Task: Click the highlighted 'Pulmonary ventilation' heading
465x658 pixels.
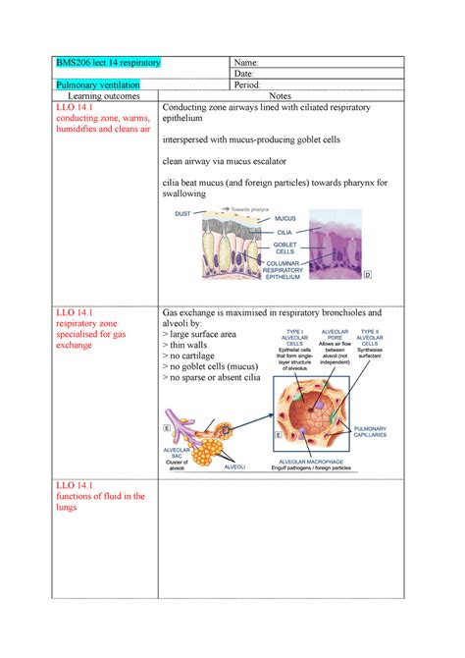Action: tap(97, 85)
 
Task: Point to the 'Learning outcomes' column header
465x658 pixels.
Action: tap(102, 97)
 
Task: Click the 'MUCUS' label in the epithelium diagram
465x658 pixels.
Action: tap(285, 218)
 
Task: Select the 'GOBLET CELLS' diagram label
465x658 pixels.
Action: tap(285, 247)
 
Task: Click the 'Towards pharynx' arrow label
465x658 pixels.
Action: tap(250, 208)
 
